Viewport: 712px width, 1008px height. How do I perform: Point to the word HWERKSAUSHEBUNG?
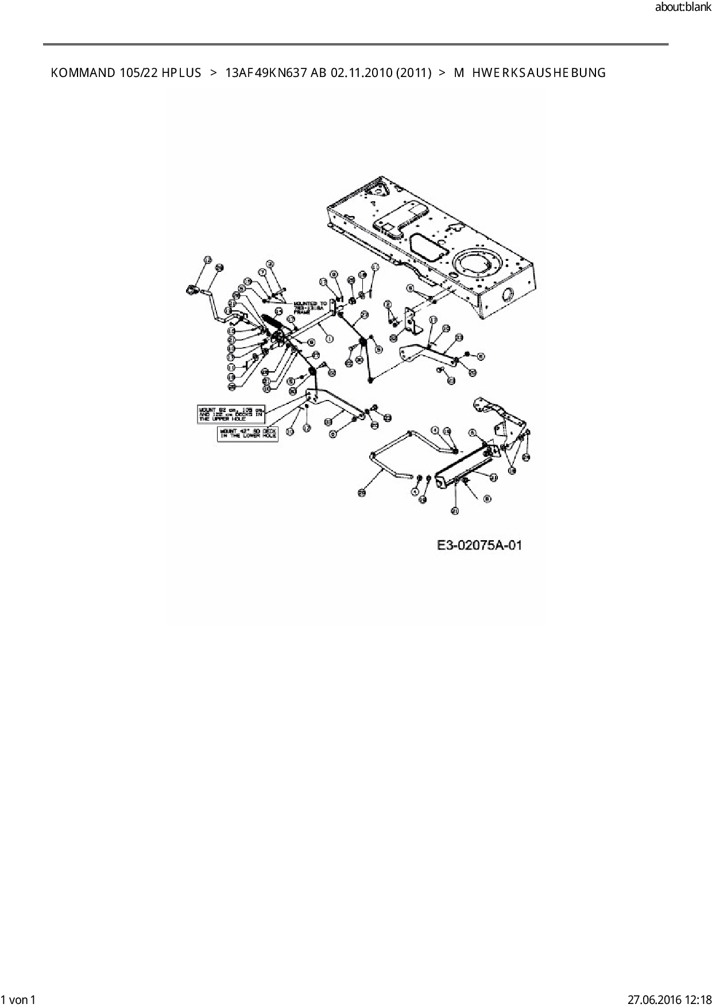[x=538, y=73]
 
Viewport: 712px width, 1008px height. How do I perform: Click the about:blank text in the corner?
[x=683, y=7]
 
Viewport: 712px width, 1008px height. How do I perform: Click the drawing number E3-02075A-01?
[x=479, y=545]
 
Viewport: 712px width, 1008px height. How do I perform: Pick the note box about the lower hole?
[x=247, y=433]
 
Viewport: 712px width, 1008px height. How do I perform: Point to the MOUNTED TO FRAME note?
[x=310, y=307]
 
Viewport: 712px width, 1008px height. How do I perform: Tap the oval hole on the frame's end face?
[x=508, y=295]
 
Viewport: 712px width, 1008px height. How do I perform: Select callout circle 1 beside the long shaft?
[x=330, y=338]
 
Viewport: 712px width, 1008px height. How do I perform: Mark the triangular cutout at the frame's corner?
[x=376, y=187]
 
